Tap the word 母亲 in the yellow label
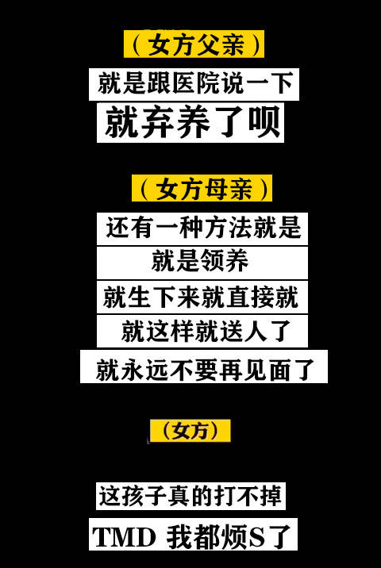(229, 189)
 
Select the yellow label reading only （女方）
(190, 431)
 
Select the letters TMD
(124, 537)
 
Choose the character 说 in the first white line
(231, 83)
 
